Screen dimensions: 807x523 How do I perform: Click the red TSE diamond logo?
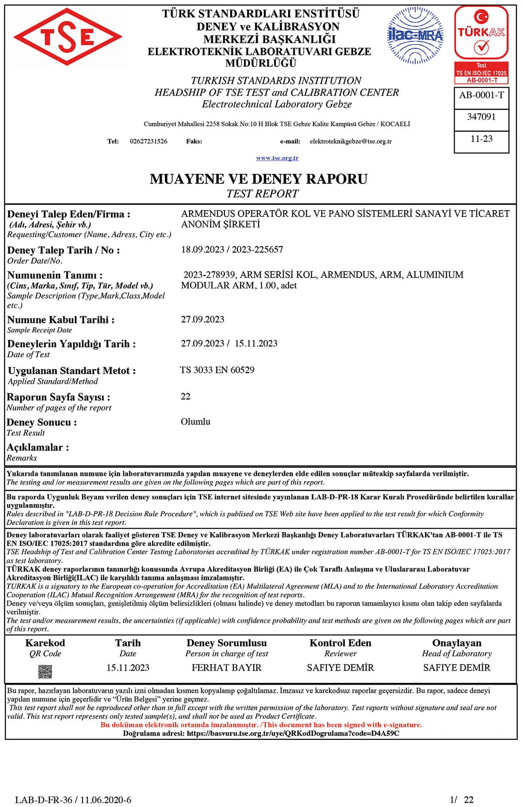(68, 37)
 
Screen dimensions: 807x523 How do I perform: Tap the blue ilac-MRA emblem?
(415, 36)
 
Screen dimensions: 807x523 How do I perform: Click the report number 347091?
(481, 117)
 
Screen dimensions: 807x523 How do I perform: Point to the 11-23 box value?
(481, 139)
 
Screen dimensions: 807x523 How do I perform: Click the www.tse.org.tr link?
(277, 158)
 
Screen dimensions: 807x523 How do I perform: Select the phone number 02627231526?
(149, 141)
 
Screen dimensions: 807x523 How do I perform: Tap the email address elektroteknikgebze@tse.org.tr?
(350, 141)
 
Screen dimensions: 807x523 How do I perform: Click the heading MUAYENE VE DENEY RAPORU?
(258, 179)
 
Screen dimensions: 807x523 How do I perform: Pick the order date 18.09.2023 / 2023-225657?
(232, 250)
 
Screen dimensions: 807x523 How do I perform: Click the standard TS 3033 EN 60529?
(217, 370)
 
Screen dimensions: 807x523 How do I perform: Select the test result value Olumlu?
(195, 422)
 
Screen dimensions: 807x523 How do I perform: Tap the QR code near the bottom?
(45, 671)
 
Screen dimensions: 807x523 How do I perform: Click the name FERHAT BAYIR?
(227, 668)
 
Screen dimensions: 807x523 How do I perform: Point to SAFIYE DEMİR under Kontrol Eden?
(340, 668)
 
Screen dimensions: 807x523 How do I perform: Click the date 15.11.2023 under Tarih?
(128, 668)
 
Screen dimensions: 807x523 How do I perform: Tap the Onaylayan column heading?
(457, 643)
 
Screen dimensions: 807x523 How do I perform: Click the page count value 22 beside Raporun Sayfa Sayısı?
(186, 397)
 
